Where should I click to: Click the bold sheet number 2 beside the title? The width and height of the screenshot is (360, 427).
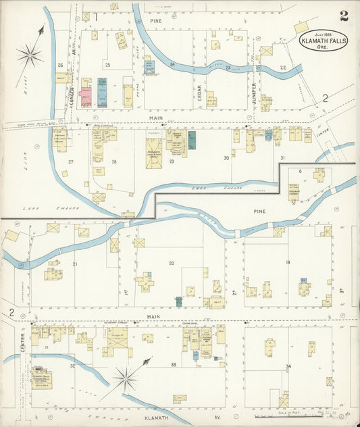point(344,16)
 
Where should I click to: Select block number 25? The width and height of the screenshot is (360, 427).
point(107,65)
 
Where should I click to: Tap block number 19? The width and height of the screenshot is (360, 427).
point(288,262)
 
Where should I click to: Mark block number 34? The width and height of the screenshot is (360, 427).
point(288,366)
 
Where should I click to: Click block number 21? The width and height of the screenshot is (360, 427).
point(75,263)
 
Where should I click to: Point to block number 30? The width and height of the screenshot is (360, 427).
point(226,158)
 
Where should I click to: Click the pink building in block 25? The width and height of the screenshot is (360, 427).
point(86,95)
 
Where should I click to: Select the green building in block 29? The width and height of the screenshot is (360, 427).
point(192,141)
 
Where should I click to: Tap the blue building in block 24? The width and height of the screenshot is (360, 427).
point(149,68)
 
